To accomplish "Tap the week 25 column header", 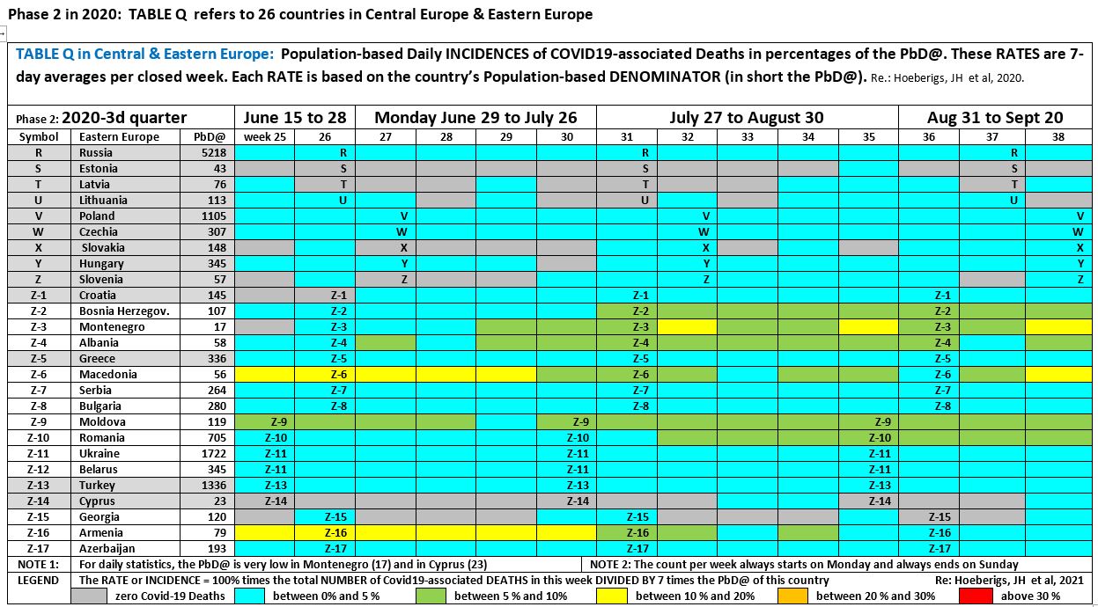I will click(x=263, y=136).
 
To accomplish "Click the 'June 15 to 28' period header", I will click(x=293, y=117).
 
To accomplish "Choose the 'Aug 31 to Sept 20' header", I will click(x=994, y=117).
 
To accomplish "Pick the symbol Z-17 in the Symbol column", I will click(x=38, y=548).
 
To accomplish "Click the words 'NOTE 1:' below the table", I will click(x=38, y=564).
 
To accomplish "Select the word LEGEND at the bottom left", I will click(x=38, y=580).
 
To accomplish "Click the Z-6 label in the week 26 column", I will click(x=338, y=374).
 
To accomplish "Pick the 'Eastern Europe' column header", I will click(x=119, y=136).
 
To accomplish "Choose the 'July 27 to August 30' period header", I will click(x=747, y=117).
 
